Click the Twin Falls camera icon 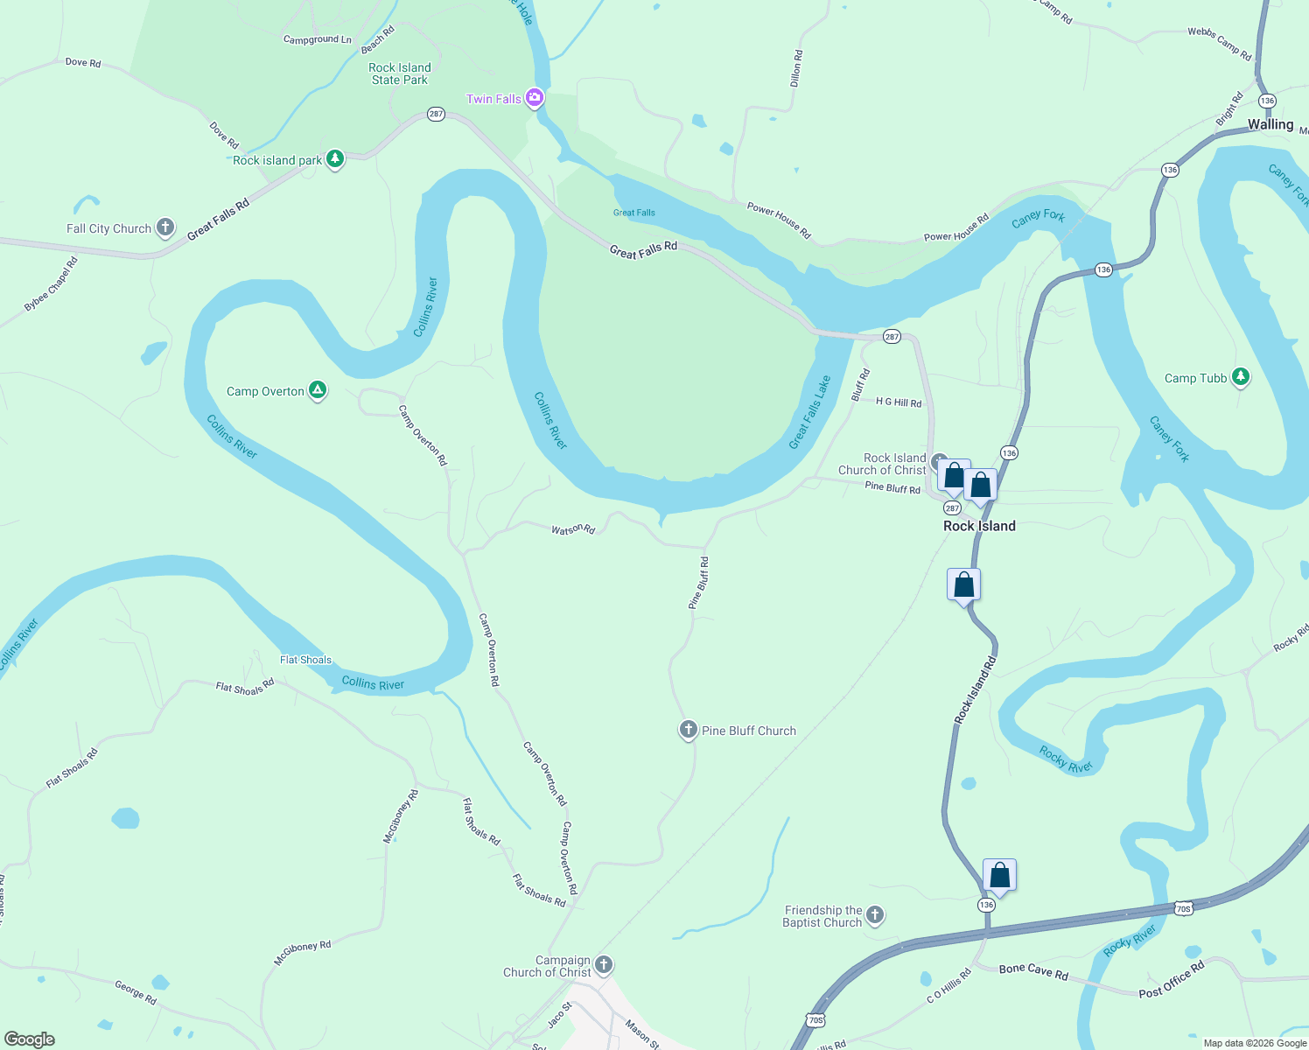click(535, 98)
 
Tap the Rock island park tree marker click(335, 158)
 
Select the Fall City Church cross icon click(165, 227)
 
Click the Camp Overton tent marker click(318, 390)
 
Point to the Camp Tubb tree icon click(1240, 377)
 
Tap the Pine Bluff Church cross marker click(689, 730)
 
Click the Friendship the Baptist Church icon click(875, 915)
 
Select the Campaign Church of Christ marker click(603, 965)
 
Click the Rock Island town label click(979, 526)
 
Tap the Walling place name click(1270, 124)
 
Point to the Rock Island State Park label click(400, 73)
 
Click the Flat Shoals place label click(305, 660)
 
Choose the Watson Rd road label click(573, 529)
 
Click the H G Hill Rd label click(899, 402)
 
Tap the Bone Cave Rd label click(1033, 970)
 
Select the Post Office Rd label click(1172, 980)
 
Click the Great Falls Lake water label click(809, 412)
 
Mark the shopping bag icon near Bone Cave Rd click(999, 874)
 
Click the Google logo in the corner click(30, 1039)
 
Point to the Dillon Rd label click(796, 68)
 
